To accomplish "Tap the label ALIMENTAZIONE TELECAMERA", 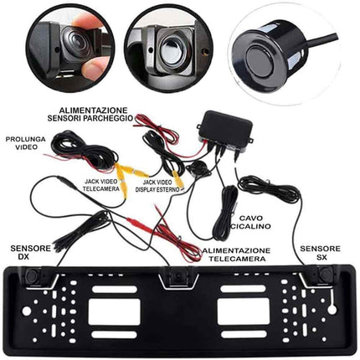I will tap(235, 255).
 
